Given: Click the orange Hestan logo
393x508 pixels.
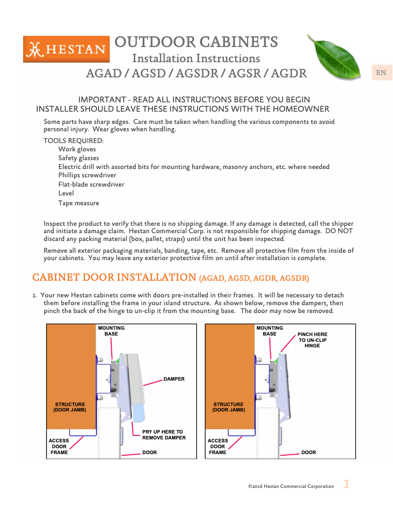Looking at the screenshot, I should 66,49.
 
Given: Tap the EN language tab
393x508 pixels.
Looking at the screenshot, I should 381,73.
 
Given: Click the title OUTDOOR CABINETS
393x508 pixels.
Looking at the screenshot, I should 196,42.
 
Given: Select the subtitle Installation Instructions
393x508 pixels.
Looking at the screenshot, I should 196,58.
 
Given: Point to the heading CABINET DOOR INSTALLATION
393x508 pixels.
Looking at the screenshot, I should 114,277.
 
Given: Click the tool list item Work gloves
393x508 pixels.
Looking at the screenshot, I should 77,149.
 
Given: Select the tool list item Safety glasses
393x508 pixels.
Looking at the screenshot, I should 78,158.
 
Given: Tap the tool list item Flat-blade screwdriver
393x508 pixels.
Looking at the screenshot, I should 91,185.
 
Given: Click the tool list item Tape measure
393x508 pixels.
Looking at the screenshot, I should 78,203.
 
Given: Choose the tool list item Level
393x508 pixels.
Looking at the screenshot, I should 66,194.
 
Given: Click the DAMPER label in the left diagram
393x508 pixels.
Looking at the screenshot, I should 173,379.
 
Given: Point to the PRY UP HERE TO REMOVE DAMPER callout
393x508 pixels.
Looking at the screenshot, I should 164,435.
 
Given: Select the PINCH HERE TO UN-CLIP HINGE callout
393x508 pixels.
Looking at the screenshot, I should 312,340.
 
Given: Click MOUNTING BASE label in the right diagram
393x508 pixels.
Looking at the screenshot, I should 270,331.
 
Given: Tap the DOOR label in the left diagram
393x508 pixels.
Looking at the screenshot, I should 149,453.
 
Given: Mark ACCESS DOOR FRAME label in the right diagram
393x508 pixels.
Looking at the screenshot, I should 218,447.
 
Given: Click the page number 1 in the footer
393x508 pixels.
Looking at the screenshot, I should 346,484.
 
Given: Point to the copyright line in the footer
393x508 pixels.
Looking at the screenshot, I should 291,486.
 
